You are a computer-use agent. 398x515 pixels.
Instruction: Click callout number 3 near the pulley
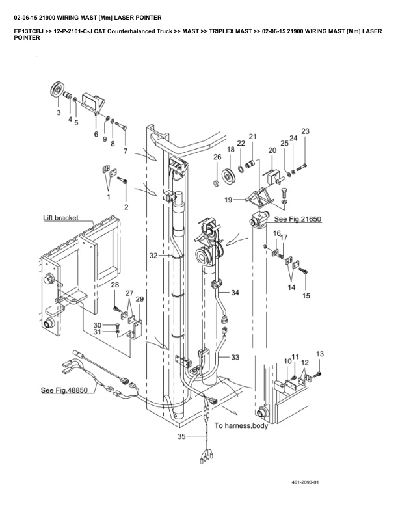pos(58,113)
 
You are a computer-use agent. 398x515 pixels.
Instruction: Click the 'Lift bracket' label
pos(60,218)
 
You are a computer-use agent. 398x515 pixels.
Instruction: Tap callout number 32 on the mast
pos(153,256)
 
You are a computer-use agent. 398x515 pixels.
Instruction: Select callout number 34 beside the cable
pos(235,293)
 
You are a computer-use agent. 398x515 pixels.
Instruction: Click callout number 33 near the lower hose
pos(235,357)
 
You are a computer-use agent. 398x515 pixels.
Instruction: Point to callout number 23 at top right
pos(305,131)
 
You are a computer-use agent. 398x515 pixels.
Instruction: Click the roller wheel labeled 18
pos(230,176)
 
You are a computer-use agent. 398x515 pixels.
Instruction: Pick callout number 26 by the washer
pos(217,157)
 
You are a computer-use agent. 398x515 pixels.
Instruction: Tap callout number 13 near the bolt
pos(319,353)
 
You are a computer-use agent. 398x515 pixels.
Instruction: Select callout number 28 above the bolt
pos(114,285)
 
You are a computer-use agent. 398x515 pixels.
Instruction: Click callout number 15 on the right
pos(306,296)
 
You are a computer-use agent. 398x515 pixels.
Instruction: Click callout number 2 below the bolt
pos(126,207)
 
